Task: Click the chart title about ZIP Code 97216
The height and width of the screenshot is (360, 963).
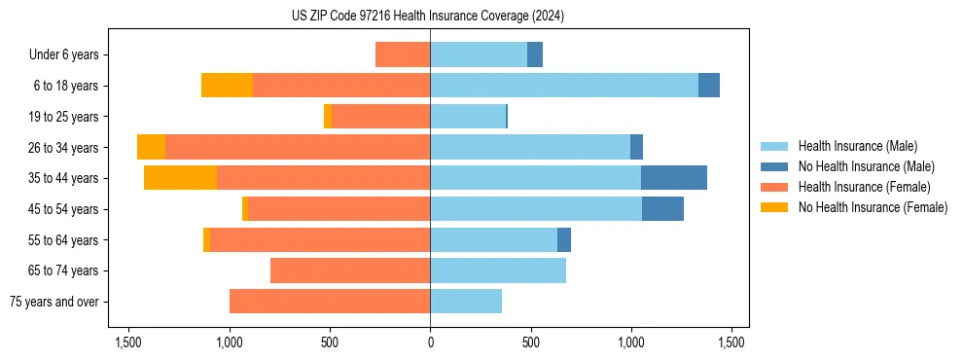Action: (x=428, y=16)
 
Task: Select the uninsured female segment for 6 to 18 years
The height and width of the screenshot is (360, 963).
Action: (x=227, y=86)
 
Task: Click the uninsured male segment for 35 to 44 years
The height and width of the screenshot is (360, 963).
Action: (x=674, y=178)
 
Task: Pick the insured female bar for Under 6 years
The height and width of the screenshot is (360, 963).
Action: (x=403, y=54)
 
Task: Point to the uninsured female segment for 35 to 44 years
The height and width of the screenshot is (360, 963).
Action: (x=180, y=178)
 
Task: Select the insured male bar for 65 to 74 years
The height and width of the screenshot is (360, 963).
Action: (x=498, y=270)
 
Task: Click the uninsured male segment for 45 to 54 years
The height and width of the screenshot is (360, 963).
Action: (x=662, y=209)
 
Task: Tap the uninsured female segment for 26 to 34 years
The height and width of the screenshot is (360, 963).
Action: (x=151, y=147)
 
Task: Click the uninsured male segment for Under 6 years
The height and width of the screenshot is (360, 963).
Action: (x=535, y=54)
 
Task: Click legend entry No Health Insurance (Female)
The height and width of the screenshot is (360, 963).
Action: (x=873, y=207)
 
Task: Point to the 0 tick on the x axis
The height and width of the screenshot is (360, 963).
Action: (x=430, y=342)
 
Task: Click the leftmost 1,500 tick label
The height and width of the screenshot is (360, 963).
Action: (x=128, y=342)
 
